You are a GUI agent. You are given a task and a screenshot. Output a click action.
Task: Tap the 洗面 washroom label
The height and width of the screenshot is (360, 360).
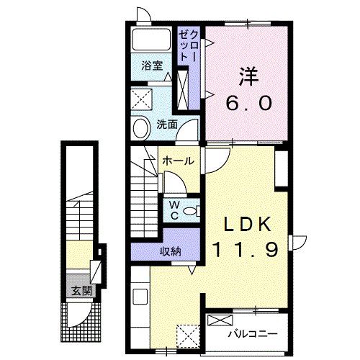tap(167, 124)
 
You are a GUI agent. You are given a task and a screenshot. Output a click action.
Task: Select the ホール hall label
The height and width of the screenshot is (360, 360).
tap(177, 161)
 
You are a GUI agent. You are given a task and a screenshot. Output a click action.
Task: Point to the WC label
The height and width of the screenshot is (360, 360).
tap(174, 209)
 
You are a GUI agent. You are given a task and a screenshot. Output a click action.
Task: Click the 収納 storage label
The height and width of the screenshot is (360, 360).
tap(170, 251)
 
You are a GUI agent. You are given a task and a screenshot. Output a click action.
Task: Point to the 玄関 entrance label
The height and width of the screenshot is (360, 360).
tap(81, 291)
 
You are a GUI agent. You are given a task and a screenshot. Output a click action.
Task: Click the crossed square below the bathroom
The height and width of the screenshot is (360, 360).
tap(141, 97)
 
